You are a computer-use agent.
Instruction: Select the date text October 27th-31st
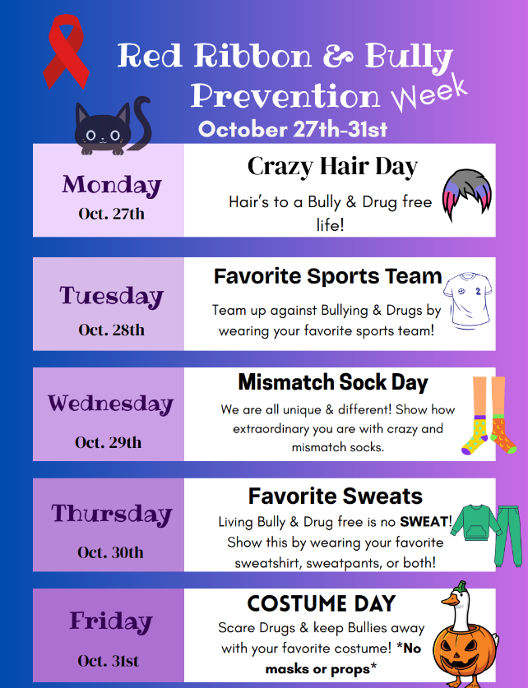(293, 129)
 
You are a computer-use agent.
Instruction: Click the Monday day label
(111, 184)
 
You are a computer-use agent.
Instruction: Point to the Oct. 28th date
(111, 330)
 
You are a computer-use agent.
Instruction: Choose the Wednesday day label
(110, 404)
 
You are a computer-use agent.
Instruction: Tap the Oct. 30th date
(110, 552)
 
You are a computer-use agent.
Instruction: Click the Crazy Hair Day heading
(332, 167)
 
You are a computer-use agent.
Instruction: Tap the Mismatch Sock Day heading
(333, 382)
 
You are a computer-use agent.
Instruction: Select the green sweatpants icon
(507, 533)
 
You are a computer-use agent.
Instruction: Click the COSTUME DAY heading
(321, 604)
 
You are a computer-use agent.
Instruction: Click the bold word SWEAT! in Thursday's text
(425, 522)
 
